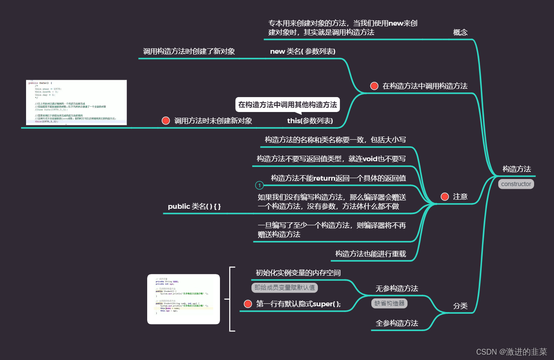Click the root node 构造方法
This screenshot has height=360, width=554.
[516, 169]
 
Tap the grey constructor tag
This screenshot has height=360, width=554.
[516, 184]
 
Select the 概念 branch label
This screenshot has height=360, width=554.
[460, 32]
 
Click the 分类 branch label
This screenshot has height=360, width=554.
[460, 306]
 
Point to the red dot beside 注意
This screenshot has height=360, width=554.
[445, 197]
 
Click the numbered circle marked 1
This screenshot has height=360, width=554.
[259, 185]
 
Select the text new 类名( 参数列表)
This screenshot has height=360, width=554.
[303, 51]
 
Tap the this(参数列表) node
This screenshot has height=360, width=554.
[310, 121]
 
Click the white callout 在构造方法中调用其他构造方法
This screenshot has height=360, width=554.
[287, 105]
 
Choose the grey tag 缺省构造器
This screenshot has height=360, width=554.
[389, 303]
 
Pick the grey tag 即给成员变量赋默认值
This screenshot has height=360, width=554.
[284, 288]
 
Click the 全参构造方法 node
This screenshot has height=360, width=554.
[397, 323]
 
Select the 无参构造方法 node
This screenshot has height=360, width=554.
[397, 288]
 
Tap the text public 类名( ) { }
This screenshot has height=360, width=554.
[194, 206]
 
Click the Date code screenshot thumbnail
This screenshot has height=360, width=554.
[76, 103]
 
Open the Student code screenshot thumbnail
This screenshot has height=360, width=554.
[183, 299]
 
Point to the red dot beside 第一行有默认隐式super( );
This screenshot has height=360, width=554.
[248, 304]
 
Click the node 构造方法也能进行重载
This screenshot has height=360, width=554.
[370, 254]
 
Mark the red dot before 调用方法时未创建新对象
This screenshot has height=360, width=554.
[166, 121]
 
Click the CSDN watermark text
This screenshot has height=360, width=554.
[511, 352]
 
